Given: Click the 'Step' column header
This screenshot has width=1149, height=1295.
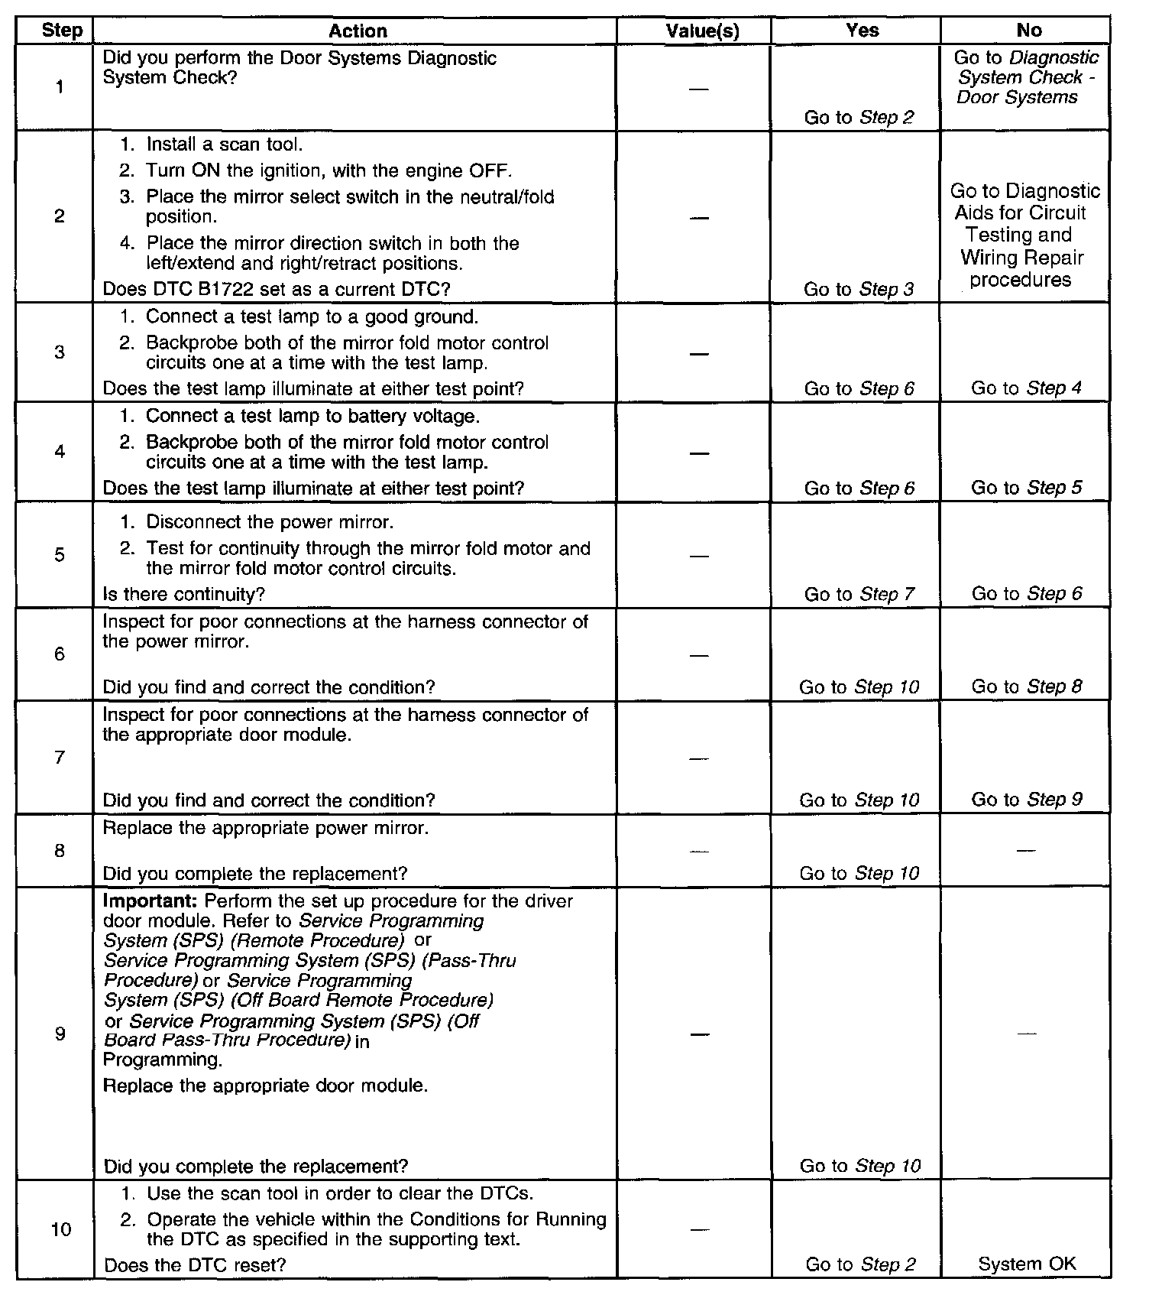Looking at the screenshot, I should coord(61,31).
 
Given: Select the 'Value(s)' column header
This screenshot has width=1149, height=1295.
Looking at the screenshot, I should coord(702,31).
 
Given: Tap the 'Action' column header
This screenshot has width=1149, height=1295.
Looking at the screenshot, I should coord(358,31).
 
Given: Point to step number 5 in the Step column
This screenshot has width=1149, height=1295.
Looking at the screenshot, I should coord(60,555).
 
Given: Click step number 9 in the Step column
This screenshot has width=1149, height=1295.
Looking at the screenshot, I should coord(60,1034).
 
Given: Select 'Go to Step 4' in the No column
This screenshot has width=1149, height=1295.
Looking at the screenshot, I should coord(1026,388).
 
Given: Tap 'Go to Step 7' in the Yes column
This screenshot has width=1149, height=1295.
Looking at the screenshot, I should coord(859,594).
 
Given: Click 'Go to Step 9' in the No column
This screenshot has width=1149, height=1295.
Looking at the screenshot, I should coord(1026,800).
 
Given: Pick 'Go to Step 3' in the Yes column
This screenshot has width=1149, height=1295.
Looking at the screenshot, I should coord(859,290).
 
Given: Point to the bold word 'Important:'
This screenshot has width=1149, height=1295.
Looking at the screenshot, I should coord(151,901).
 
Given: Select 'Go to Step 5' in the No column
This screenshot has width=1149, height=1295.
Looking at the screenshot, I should coord(1026,488).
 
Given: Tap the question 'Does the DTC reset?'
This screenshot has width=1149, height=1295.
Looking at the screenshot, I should coord(195,1265).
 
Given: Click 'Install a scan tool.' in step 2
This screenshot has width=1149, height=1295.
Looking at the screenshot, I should coord(225,144).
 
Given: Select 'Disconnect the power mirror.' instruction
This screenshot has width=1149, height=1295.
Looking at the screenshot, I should coord(270,523).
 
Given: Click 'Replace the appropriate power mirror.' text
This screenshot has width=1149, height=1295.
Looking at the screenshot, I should coord(265,829).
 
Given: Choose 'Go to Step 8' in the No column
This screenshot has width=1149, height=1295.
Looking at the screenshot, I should coord(1026,686).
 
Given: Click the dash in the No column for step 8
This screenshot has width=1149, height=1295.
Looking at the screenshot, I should coord(1026,850).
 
